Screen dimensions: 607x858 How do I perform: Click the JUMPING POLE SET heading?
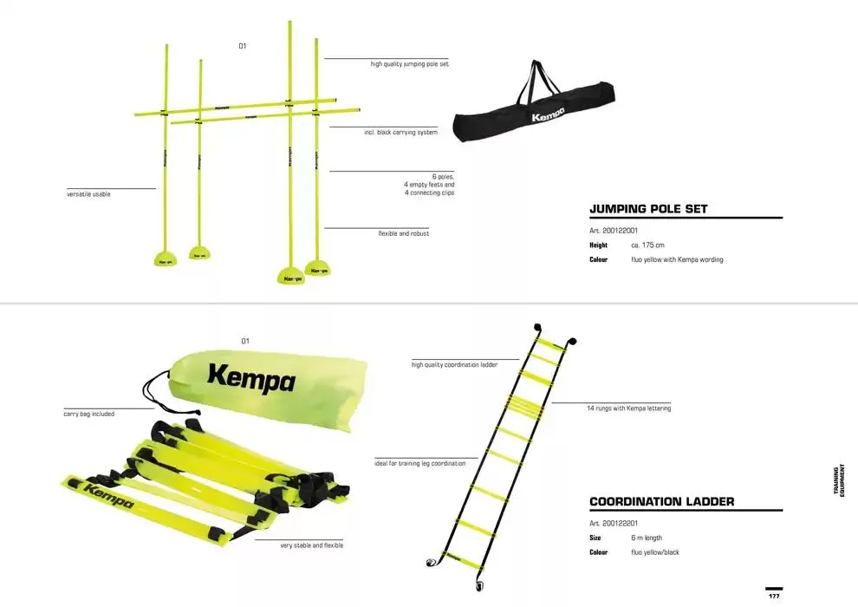[648, 209]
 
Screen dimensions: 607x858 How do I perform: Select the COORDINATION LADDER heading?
[661, 501]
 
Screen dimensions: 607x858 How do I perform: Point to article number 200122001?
[614, 231]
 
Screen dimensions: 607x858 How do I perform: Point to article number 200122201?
[614, 523]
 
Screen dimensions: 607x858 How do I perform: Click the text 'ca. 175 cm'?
[647, 245]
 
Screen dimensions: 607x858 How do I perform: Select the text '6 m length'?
[647, 538]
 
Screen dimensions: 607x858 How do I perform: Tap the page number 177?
[774, 596]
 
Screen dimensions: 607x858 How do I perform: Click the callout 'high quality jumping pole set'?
[409, 64]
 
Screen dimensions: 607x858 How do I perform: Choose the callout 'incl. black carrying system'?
[400, 133]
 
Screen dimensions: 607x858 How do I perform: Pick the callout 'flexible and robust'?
[403, 233]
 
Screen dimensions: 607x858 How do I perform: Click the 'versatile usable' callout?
[88, 194]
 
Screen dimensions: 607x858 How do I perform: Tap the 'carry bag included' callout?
[89, 414]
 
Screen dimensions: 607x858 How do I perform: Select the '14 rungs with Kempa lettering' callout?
[628, 408]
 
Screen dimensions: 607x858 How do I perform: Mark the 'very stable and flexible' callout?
[311, 545]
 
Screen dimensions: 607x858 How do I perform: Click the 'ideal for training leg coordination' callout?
[420, 464]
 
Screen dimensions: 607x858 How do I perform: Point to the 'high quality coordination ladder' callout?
[454, 365]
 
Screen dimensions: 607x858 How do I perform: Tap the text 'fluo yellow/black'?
[654, 552]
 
